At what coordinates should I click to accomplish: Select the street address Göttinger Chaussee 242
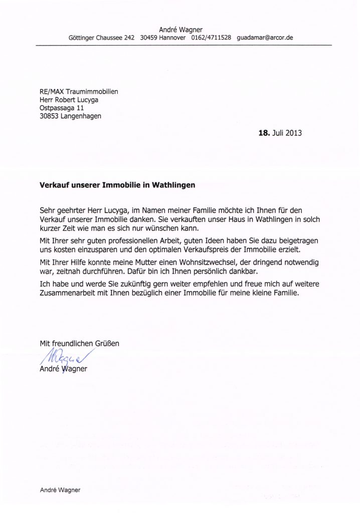101,38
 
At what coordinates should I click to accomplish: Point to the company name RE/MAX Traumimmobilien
79,91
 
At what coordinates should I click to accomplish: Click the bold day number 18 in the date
263,134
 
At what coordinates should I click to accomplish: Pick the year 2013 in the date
294,134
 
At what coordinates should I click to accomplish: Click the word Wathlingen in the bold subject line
170,184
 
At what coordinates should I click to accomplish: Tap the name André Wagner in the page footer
60,490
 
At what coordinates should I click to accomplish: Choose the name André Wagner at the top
180,30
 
